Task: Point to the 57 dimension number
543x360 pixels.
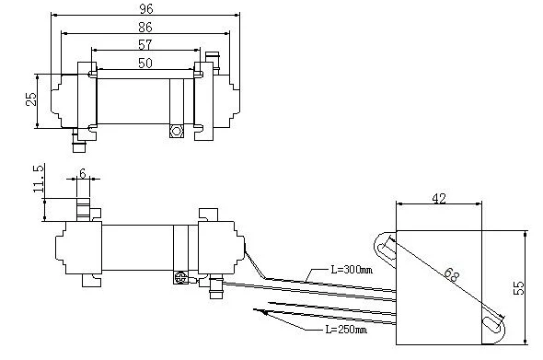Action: (x=144, y=43)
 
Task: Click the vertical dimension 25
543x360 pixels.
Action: (x=30, y=98)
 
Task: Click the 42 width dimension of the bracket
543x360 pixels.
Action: (x=439, y=196)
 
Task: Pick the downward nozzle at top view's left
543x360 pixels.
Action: (x=79, y=142)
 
